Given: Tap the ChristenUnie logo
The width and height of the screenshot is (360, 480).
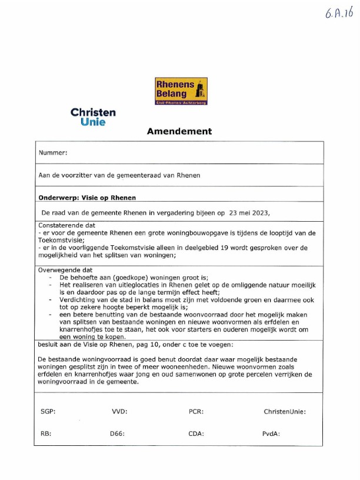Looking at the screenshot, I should [93, 117].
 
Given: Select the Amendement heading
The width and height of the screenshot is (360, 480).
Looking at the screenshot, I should [179, 132].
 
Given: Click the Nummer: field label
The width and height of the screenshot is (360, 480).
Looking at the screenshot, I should [53, 153].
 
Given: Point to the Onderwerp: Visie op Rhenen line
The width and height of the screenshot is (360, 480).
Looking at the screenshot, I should [87, 198].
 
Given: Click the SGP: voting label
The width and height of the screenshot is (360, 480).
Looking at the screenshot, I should [48, 412].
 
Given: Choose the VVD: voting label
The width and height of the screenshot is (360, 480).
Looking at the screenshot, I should [119, 412].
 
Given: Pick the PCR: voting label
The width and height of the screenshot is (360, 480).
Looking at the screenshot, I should [196, 412].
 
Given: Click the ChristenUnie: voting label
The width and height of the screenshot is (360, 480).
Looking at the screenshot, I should [285, 412].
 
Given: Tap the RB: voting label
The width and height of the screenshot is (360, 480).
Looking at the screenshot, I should [46, 434].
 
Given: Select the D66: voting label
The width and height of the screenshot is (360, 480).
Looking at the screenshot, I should [118, 434].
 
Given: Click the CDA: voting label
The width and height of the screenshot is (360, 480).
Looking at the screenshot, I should [196, 434].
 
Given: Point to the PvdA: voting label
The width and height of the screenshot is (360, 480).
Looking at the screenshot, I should [271, 434].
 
